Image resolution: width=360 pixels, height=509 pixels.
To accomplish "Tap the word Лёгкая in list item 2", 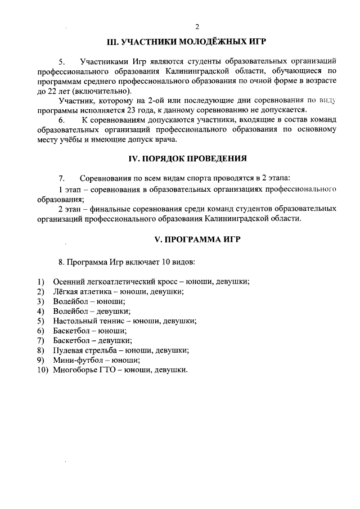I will coord(66,291).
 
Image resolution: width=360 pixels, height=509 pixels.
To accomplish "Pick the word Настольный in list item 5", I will coord(74,321).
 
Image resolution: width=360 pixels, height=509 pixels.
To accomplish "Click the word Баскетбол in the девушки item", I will coord(73,340).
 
